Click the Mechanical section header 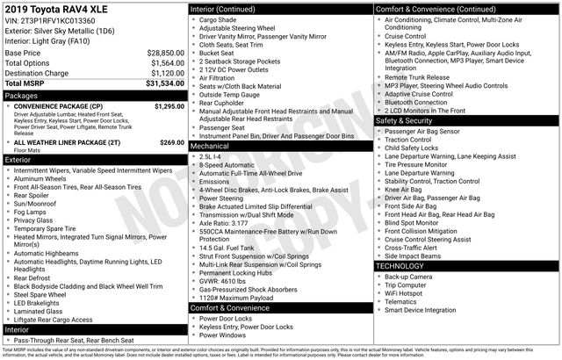click(212, 147)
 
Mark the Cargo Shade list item click(220, 18)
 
